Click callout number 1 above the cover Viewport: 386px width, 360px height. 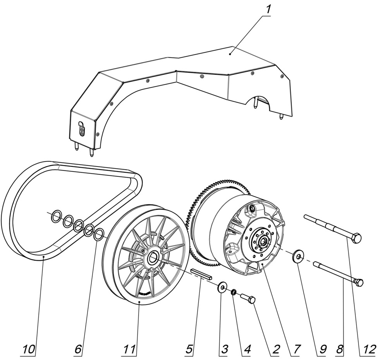click(x=267, y=9)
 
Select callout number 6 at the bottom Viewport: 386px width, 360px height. click(x=78, y=349)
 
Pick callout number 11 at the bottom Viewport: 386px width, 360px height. click(x=130, y=349)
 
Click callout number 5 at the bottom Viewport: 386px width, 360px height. click(x=189, y=349)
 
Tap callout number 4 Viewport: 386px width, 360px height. click(x=247, y=349)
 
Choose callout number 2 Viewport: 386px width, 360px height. click(x=275, y=349)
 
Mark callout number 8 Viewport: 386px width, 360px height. click(x=340, y=349)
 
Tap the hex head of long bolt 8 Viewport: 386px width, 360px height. click(x=359, y=282)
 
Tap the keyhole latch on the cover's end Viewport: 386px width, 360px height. click(x=81, y=128)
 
